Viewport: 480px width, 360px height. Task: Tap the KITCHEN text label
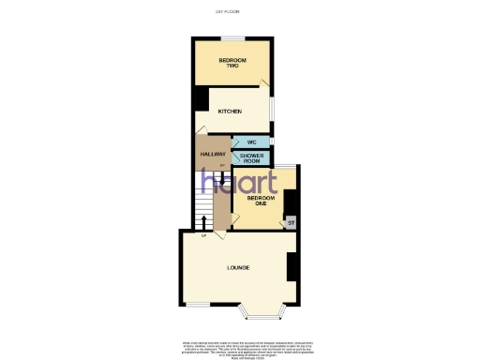[x=231, y=112]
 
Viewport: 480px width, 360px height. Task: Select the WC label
[x=251, y=142]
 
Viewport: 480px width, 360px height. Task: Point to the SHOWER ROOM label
[x=251, y=157]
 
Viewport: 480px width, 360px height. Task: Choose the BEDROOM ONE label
[x=261, y=201]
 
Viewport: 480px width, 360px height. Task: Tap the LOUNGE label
[x=237, y=269]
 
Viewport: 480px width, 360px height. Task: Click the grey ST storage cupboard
[x=291, y=223]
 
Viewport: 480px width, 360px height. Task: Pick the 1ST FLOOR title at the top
[x=227, y=11]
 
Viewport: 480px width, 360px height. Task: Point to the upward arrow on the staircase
[x=204, y=221]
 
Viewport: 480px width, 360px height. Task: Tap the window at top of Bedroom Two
[x=232, y=37]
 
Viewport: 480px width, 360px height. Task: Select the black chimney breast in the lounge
[x=292, y=267]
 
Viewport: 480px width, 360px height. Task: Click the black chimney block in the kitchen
[x=200, y=99]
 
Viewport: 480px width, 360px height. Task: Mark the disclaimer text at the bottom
[x=239, y=346]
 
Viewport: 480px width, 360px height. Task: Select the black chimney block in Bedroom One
[x=291, y=202]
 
